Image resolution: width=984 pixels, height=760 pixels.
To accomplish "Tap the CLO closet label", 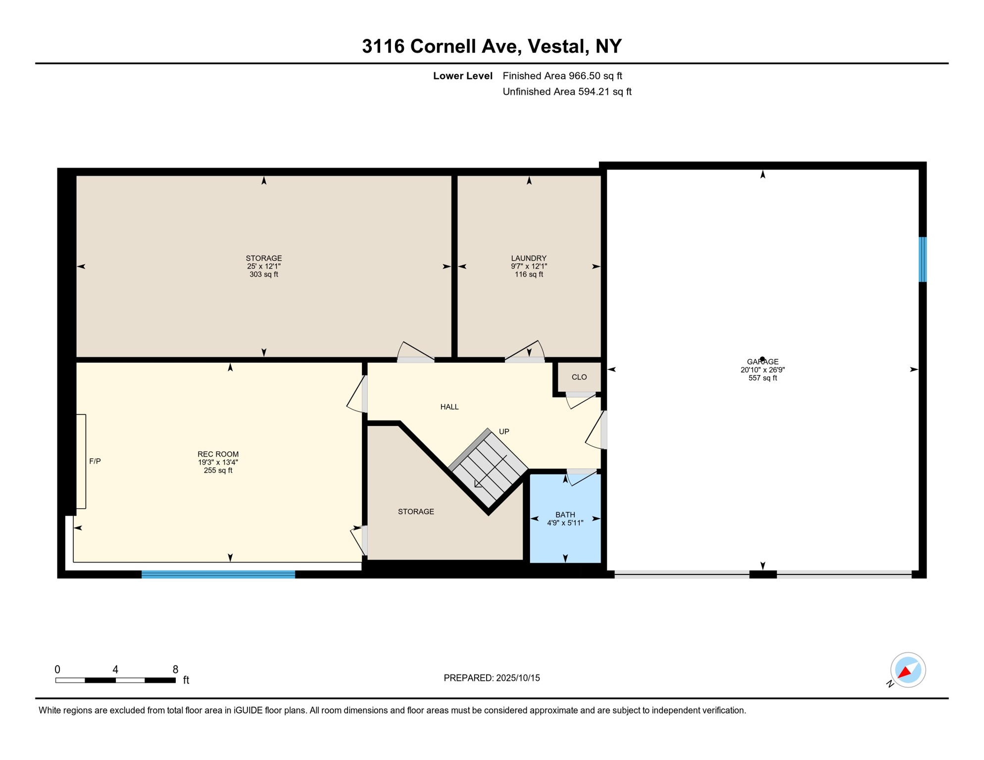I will [579, 377].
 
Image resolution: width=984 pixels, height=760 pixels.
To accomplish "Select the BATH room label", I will [565, 515].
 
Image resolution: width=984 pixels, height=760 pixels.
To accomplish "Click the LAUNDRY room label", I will [529, 258].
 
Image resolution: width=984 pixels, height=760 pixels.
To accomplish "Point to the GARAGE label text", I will [762, 362].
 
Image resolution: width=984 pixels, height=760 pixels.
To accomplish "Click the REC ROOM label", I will [218, 454].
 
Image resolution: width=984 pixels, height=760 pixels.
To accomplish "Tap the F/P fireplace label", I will [95, 461].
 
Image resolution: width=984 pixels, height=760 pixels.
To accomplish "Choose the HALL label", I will [449, 407].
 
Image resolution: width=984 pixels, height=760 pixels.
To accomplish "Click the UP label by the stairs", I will [504, 431].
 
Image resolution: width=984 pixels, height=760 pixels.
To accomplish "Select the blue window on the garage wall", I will [923, 259].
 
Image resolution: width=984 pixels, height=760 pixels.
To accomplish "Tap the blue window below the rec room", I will [218, 574].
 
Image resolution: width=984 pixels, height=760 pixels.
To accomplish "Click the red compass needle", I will [905, 672].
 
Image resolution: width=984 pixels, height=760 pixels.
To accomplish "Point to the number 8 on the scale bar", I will [175, 669].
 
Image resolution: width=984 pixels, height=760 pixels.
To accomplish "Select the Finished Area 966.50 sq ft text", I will [562, 76].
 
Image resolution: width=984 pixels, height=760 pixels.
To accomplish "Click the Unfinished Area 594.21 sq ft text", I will [567, 92].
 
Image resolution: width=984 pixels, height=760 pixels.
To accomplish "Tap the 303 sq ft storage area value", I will [264, 275].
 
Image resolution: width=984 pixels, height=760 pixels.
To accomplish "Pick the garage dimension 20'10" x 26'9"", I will [762, 370].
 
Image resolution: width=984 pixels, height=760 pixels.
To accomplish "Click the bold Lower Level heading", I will [462, 76].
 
